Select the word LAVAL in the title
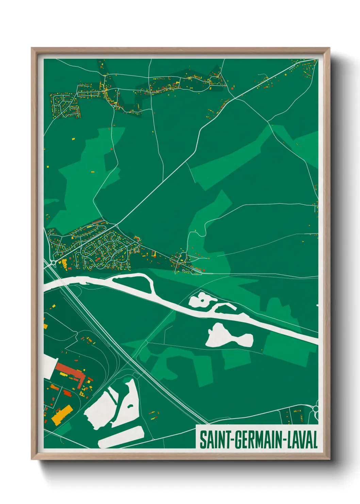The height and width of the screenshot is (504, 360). tap(302, 440)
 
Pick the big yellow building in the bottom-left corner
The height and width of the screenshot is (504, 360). tap(61, 415)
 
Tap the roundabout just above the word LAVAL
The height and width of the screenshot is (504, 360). tap(316, 409)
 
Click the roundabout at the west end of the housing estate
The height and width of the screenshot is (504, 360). tap(53, 263)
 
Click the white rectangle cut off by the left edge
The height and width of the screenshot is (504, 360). tap(49, 366)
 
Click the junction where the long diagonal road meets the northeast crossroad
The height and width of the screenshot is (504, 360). tap(234, 99)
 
